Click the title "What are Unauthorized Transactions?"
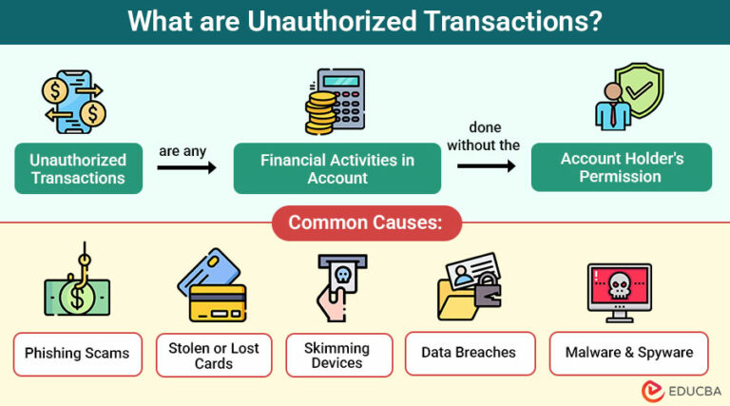(365, 22)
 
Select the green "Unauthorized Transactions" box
(78, 168)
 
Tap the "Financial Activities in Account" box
(337, 168)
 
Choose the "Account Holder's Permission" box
(621, 167)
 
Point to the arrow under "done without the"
(486, 165)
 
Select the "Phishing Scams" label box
(78, 353)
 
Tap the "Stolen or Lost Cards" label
(214, 354)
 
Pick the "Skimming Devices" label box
(338, 354)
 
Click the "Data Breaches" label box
(470, 353)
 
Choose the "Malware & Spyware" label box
(628, 353)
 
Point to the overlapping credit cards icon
(213, 285)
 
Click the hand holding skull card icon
(338, 287)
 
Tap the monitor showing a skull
(619, 291)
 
